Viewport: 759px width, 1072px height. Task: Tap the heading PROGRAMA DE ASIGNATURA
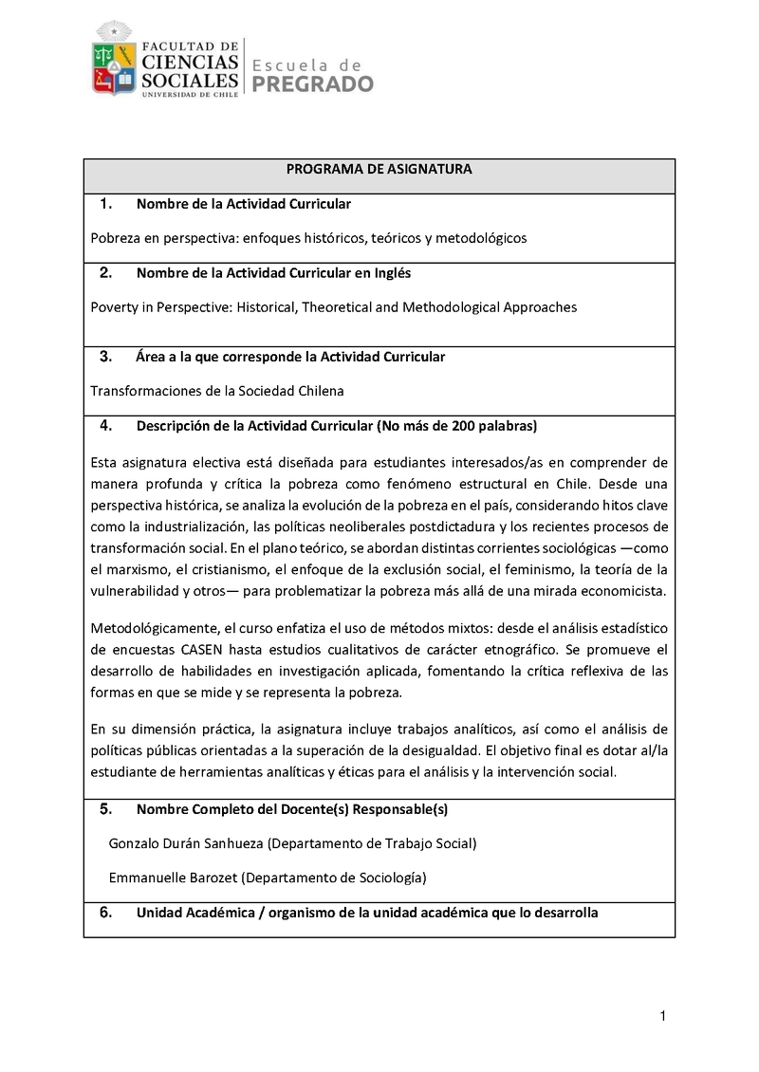tap(379, 169)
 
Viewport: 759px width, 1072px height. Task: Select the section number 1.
tap(105, 204)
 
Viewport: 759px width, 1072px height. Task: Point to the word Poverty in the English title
tap(114, 307)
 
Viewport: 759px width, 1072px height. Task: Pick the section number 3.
tap(105, 357)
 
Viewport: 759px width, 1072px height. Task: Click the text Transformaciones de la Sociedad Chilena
tap(217, 391)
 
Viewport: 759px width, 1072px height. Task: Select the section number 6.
tap(105, 913)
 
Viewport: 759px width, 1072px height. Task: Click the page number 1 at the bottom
tap(662, 1018)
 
